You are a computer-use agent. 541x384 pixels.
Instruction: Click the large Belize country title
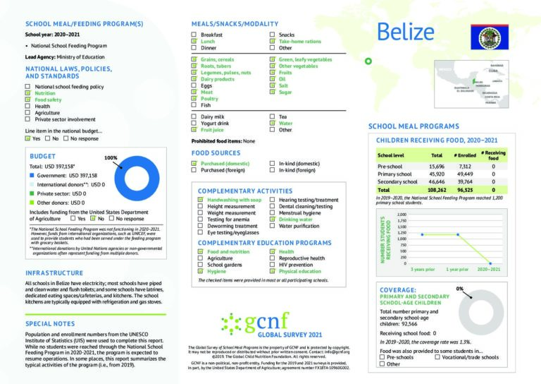click(x=405, y=32)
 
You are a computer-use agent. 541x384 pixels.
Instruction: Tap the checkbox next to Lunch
click(x=194, y=42)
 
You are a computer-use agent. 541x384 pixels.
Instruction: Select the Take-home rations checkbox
click(x=273, y=42)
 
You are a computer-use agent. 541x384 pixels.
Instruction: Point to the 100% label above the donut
click(x=111, y=158)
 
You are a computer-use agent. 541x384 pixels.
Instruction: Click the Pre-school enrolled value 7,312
click(x=465, y=165)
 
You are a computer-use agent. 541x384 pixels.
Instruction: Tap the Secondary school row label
click(x=399, y=181)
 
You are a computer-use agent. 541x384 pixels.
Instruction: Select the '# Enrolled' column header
click(x=465, y=155)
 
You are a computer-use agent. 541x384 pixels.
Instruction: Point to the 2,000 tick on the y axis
click(x=402, y=215)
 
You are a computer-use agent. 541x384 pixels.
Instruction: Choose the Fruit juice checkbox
click(x=194, y=130)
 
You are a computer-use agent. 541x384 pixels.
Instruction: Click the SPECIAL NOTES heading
click(x=50, y=323)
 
